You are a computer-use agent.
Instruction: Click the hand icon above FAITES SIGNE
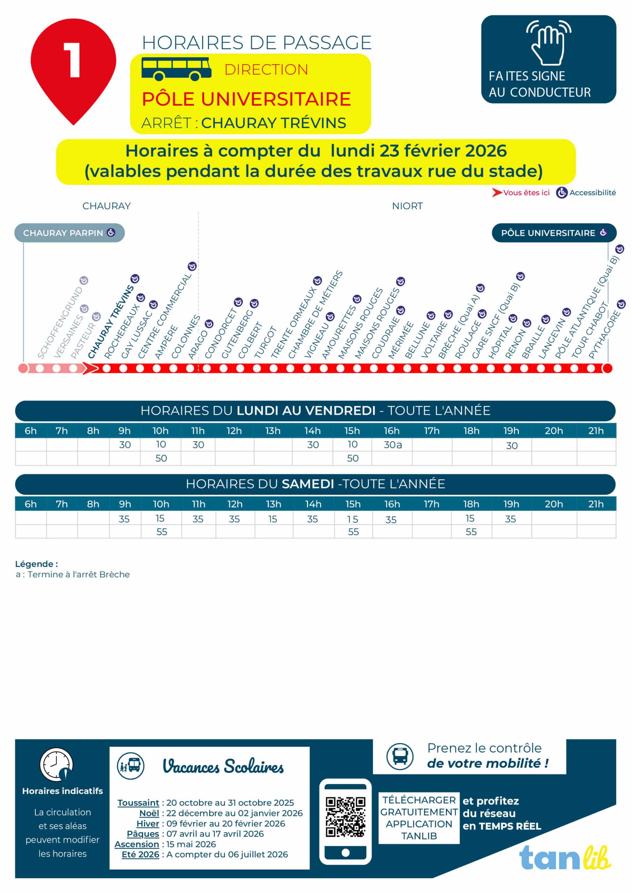coord(548,43)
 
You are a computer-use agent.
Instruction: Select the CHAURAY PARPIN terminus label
coord(69,233)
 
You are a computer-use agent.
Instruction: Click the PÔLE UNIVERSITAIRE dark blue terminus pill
coord(554,233)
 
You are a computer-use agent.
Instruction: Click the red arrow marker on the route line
coord(90,368)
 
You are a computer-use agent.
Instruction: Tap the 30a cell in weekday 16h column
coord(392,445)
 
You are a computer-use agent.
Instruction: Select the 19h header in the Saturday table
coord(511,504)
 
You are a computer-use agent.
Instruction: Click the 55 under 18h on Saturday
coord(471,532)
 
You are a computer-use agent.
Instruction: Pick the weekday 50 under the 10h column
coord(161,458)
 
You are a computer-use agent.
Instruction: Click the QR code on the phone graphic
coord(345,817)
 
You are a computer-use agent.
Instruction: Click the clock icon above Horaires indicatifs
coord(57,764)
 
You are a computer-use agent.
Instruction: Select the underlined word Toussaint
coord(138,802)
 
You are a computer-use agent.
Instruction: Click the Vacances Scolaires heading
coord(223,766)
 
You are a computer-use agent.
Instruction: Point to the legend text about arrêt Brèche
coord(73,574)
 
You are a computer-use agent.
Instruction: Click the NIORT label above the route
coord(407,206)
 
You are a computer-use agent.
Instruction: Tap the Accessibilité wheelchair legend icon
coord(561,193)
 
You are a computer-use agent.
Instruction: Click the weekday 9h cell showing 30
coord(125,445)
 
